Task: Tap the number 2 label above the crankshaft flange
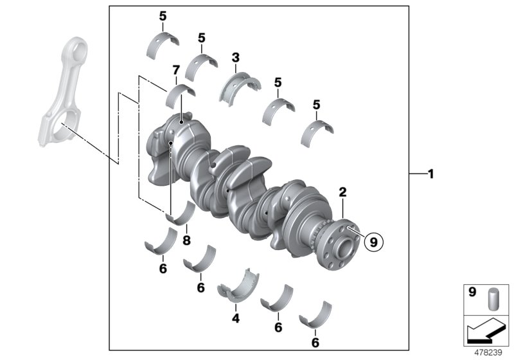coord(342,192)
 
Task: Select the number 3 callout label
coord(236,59)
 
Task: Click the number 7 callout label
coord(175,69)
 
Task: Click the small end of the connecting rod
coord(76,52)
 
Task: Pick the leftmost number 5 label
coord(163,16)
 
